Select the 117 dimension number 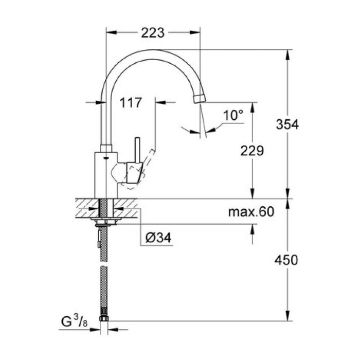point(131,103)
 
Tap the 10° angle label point(233,115)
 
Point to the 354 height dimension point(286,124)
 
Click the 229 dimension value point(253,151)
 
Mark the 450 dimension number point(286,260)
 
